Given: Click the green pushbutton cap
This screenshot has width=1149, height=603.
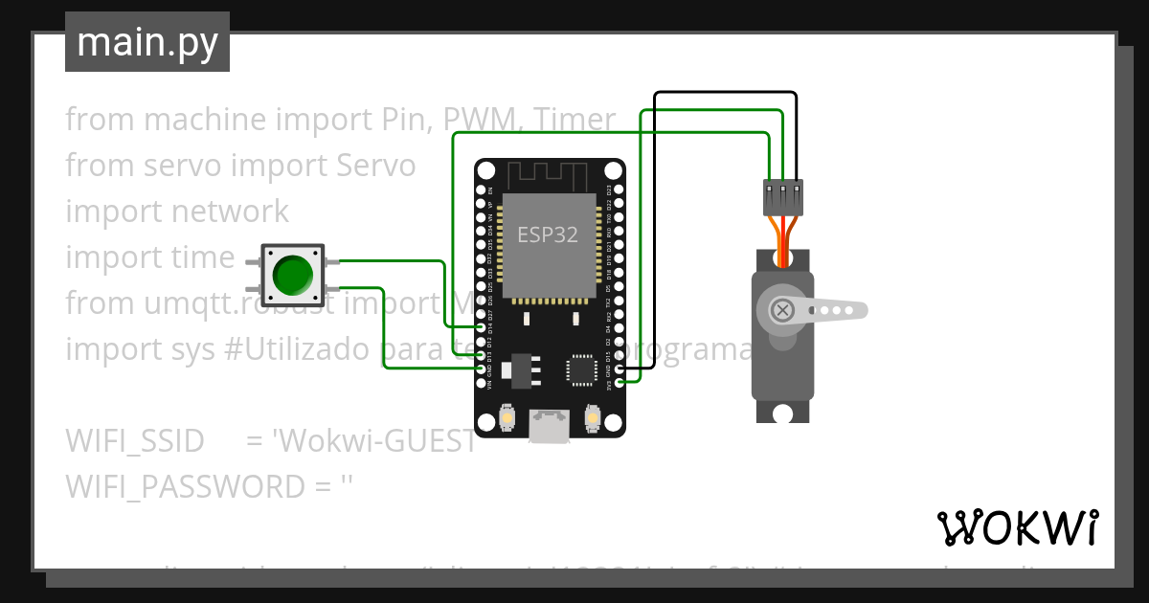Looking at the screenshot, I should click(293, 275).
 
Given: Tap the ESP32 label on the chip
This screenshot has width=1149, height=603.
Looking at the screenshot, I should click(548, 234).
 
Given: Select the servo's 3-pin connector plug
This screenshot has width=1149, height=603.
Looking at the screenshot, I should click(782, 197).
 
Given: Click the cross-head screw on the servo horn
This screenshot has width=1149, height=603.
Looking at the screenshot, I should click(782, 310).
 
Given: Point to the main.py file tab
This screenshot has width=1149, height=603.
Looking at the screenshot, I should click(147, 42).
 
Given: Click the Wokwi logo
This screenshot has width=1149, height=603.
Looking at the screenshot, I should click(1016, 527).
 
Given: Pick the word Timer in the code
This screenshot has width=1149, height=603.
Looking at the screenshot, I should click(574, 120).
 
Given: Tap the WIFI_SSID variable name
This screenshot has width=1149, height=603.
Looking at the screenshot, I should click(135, 441).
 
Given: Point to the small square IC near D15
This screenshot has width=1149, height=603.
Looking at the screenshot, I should click(581, 369).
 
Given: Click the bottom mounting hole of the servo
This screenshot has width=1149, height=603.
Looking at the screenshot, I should click(783, 413).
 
